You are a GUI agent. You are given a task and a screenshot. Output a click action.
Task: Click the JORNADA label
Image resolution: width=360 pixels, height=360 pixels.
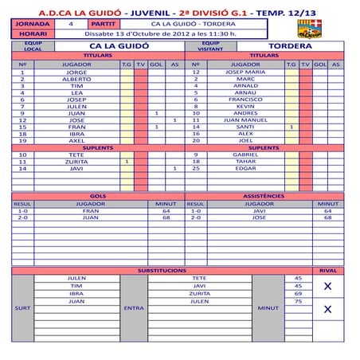[x=30, y=25]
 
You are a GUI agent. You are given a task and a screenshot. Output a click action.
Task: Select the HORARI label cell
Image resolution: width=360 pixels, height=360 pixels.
[x=30, y=34]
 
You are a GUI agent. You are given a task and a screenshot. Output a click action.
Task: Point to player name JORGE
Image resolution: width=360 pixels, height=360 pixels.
[x=76, y=72]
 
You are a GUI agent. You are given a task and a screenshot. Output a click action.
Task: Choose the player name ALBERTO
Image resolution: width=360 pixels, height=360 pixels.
[x=76, y=80]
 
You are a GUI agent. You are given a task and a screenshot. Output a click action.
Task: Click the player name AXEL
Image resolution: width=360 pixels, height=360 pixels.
[x=76, y=140]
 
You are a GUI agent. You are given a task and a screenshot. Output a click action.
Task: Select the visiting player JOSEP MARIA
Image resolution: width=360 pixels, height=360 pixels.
[x=245, y=72]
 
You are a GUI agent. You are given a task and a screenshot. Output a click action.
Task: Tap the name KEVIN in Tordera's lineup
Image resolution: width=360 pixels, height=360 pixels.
[x=245, y=106]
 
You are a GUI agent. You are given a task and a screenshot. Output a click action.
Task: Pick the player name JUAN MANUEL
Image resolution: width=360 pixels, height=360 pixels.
[x=245, y=119]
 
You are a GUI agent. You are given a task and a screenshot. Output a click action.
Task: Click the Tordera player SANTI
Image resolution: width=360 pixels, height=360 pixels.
[x=245, y=127]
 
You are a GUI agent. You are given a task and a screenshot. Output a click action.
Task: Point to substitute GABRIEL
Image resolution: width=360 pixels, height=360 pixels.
[x=245, y=155]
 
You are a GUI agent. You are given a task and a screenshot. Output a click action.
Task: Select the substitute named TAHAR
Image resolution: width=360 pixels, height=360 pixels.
[x=245, y=161]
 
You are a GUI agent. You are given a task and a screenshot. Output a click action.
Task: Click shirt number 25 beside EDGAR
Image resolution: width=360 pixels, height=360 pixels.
[x=195, y=168]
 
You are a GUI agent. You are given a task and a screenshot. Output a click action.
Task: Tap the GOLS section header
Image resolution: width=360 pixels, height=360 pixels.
[x=98, y=196]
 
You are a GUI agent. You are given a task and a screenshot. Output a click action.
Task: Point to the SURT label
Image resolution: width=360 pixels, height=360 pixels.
[x=23, y=307]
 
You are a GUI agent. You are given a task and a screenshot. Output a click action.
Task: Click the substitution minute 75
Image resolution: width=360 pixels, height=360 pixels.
[x=298, y=302]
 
